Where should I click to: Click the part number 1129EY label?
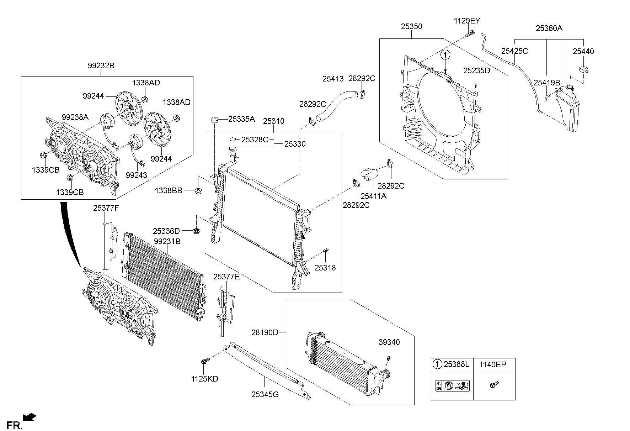click(467, 21)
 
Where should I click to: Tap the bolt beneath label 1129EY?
click(470, 34)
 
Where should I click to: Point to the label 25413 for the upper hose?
click(333, 79)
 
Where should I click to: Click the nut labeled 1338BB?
click(199, 191)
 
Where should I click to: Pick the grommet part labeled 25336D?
click(196, 231)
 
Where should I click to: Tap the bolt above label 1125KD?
click(204, 362)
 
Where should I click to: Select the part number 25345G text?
click(265, 394)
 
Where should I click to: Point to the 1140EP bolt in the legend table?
click(494, 385)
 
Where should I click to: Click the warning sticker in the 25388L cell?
click(452, 386)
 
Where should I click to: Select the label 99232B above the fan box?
click(101, 65)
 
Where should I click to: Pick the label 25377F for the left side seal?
click(106, 208)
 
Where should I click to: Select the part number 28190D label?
click(265, 332)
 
